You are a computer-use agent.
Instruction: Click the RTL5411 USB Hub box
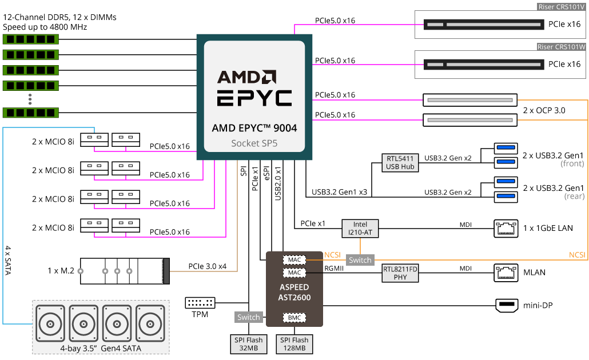tap(400, 162)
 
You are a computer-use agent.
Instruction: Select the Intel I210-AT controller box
tap(360, 229)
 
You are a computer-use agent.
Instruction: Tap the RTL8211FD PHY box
tap(400, 273)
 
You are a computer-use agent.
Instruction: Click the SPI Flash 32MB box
tap(248, 343)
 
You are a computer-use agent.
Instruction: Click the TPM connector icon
tap(200, 303)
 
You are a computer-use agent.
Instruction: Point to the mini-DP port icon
tap(506, 305)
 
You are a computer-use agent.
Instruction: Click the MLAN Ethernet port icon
tap(506, 273)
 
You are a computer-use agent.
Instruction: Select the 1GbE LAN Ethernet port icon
tap(506, 229)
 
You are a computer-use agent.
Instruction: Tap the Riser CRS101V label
tap(561, 7)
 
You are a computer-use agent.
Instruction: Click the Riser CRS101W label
tap(561, 47)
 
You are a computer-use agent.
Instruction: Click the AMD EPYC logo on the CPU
tap(254, 89)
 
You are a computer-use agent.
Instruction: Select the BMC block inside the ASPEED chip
tap(294, 317)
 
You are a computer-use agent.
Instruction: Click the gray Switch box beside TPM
tap(249, 317)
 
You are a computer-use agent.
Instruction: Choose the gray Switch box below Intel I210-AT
tap(360, 260)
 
